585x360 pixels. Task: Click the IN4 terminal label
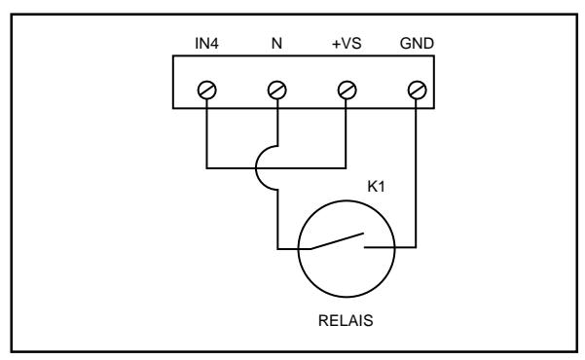(x=206, y=44)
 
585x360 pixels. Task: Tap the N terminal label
(x=276, y=44)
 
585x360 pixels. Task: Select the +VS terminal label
(x=347, y=44)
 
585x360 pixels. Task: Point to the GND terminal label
(x=417, y=44)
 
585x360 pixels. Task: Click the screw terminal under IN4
(x=206, y=90)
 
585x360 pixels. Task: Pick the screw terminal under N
(x=276, y=90)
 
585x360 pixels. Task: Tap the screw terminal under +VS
(x=347, y=90)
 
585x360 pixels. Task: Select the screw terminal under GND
(x=417, y=90)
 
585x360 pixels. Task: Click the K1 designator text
(x=376, y=187)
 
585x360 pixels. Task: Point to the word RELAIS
(x=346, y=321)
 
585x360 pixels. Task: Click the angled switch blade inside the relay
(x=337, y=241)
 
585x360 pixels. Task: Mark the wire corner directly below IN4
(x=206, y=168)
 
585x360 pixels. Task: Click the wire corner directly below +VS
(x=346, y=168)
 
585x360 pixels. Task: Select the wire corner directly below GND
(x=416, y=247)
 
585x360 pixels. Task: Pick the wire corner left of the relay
(x=277, y=248)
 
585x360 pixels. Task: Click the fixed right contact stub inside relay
(x=379, y=247)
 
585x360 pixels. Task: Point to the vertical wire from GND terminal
(x=416, y=173)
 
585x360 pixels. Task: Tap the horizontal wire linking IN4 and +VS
(x=276, y=168)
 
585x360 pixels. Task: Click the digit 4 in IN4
(x=214, y=44)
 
